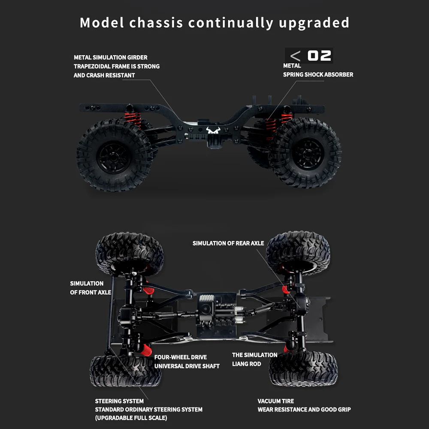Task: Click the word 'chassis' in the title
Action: point(157,22)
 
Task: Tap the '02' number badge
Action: point(320,56)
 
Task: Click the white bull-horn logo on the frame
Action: point(213,130)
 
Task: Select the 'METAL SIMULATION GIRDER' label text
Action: point(111,57)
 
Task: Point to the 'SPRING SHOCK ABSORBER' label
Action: point(318,75)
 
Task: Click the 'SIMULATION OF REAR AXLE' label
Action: point(228,243)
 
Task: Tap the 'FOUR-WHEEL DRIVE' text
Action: point(181,357)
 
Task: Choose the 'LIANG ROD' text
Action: point(247,364)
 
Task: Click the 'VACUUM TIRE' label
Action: point(275,401)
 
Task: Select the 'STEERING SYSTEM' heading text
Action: point(119,401)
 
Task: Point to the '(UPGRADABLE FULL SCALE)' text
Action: point(131,418)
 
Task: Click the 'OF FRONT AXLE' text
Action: point(91,293)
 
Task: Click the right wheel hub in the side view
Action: point(308,154)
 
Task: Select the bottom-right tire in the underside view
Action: point(303,368)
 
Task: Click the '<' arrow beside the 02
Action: point(295,56)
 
